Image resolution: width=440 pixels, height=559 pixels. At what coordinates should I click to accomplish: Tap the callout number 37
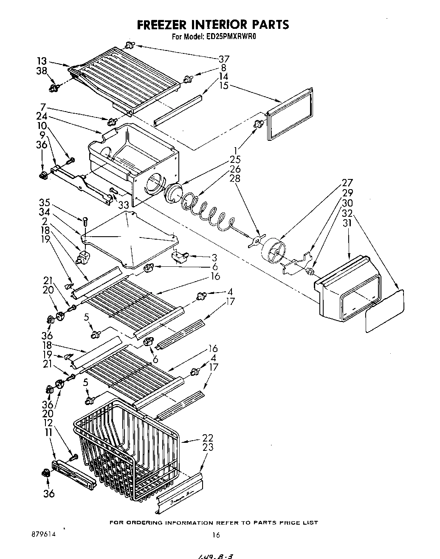[x=223, y=59]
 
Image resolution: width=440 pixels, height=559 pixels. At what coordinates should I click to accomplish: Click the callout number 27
[x=347, y=183]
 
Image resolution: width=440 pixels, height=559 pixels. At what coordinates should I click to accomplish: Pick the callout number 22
[x=208, y=438]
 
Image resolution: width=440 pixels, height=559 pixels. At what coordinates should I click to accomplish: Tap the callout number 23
[x=208, y=447]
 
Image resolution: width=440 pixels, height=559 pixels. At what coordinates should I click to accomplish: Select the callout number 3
[x=214, y=257]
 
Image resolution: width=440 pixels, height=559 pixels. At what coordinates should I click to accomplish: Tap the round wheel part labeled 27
[x=274, y=250]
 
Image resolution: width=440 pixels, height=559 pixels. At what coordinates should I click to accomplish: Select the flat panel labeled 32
[x=384, y=312]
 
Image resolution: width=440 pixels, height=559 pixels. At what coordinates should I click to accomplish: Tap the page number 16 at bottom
[x=216, y=535]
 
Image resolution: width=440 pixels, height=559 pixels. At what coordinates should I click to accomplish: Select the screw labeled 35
[x=85, y=221]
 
